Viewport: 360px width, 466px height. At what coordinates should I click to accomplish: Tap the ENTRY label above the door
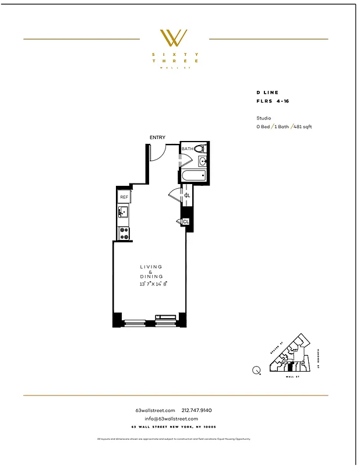(x=157, y=137)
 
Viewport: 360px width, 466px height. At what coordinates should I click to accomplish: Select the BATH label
(x=187, y=149)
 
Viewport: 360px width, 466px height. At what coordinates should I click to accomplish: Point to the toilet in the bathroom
(x=200, y=149)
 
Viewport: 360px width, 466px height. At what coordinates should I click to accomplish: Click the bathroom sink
(x=203, y=161)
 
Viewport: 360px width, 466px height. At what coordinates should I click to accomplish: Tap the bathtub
(x=193, y=175)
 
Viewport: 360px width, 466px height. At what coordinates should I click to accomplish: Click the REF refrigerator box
(x=124, y=197)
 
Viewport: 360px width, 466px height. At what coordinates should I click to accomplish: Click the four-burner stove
(x=124, y=233)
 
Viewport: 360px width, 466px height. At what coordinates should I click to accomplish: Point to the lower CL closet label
(x=186, y=222)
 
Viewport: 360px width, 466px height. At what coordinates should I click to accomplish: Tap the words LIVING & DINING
(x=151, y=271)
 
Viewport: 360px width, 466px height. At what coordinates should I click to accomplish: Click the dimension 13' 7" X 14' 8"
(x=153, y=284)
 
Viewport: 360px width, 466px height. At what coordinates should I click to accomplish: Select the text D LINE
(x=267, y=93)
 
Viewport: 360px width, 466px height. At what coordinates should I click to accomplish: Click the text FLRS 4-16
(x=273, y=101)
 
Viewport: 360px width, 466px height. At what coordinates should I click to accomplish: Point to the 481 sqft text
(x=302, y=126)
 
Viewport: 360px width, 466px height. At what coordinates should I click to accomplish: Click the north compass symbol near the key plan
(x=256, y=370)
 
